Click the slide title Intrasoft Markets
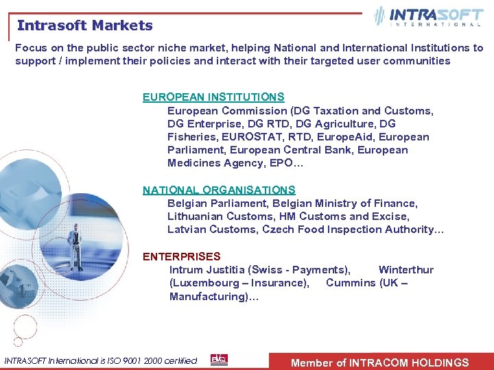(85, 26)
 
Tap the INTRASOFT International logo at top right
(429, 16)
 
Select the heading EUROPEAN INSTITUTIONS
(213, 97)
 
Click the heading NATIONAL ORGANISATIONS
(219, 190)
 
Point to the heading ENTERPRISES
(182, 257)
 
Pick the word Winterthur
(406, 270)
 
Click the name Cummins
(351, 283)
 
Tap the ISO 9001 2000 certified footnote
(101, 360)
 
